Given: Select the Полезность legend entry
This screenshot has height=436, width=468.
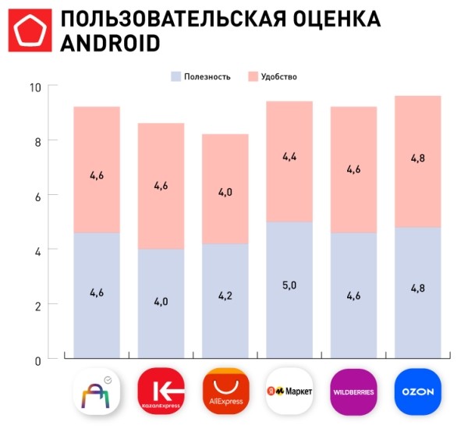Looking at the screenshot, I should (x=201, y=76).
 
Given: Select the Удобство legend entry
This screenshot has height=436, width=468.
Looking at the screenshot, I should (x=273, y=76).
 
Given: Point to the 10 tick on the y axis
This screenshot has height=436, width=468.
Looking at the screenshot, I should (x=34, y=87).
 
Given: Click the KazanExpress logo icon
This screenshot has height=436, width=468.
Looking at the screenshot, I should (x=160, y=392).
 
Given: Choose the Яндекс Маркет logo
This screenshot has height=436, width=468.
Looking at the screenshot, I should (x=289, y=392).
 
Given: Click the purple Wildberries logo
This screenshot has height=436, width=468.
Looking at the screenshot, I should (x=353, y=392).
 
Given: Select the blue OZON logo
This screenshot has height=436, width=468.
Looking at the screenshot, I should (x=418, y=392).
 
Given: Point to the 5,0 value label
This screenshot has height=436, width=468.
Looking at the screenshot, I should (x=289, y=286).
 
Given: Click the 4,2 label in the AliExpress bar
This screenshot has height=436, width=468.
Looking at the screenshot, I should (x=225, y=297).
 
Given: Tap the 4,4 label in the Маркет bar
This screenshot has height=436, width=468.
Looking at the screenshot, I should (x=289, y=157).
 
